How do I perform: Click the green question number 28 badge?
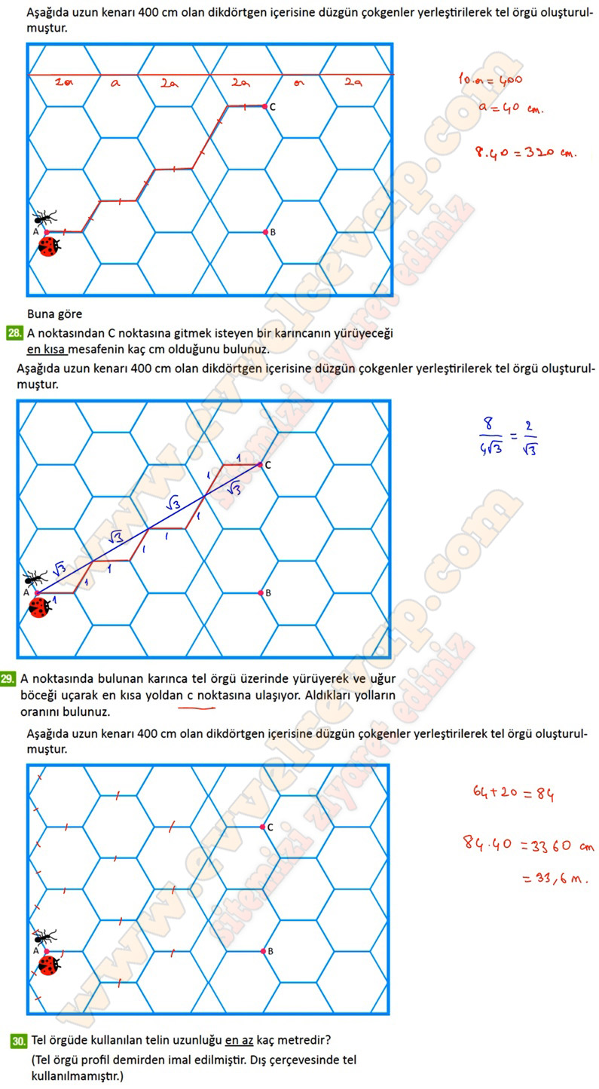pos(14,333)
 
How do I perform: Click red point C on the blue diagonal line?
pos(260,465)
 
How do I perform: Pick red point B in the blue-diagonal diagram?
pos(260,593)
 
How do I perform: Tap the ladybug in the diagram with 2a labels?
pos(49,246)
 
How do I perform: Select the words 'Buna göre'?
pos(54,314)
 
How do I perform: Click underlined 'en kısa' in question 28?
pos(47,349)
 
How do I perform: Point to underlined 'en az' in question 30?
pos(239,1041)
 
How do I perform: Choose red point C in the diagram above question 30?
pos(262,827)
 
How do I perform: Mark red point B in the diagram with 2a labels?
pos(265,232)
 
